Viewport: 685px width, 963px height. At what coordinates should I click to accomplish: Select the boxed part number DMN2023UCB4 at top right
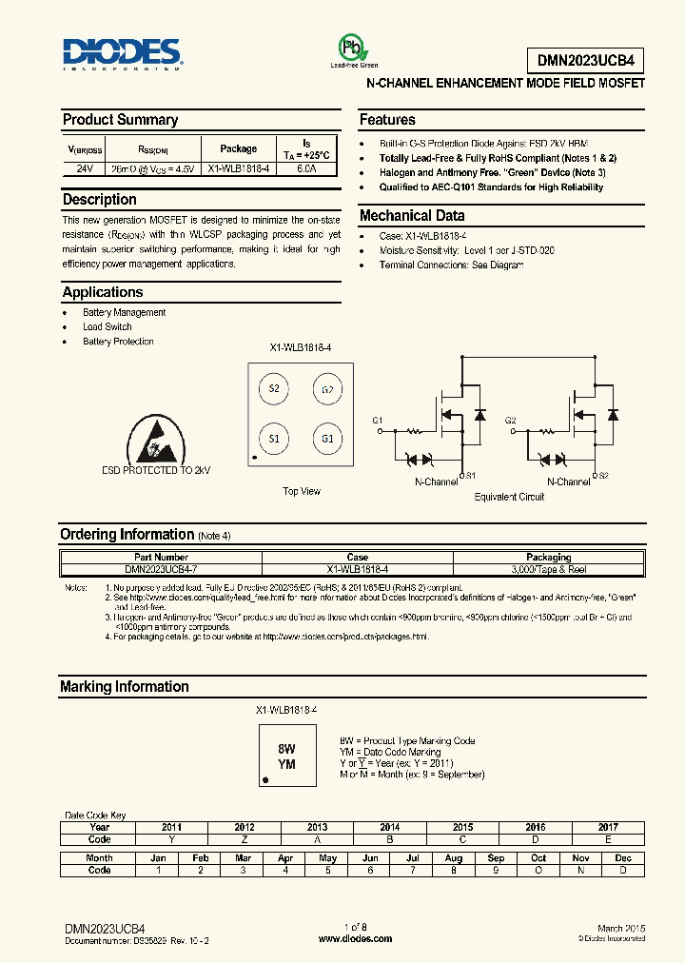[585, 60]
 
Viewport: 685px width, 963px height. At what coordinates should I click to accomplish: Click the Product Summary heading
[120, 120]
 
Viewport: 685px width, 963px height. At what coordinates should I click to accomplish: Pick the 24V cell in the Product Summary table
[84, 168]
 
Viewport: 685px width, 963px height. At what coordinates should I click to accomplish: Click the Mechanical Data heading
[412, 215]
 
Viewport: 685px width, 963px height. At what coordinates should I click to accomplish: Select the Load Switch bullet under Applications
[107, 326]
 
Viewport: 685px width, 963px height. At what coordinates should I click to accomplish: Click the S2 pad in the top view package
[274, 388]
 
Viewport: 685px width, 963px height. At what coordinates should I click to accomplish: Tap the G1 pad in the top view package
[327, 439]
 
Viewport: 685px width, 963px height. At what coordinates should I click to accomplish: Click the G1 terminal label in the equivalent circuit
[378, 420]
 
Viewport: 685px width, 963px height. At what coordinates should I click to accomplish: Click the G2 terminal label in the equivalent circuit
[511, 420]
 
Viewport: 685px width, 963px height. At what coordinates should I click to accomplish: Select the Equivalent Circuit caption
[510, 497]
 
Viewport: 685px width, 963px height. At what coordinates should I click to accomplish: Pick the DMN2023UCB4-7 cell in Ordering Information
[158, 568]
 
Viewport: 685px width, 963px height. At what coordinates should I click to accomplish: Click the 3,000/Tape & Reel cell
[548, 568]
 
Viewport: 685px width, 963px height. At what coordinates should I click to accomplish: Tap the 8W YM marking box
[286, 757]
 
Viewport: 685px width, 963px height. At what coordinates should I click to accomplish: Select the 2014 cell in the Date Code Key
[389, 828]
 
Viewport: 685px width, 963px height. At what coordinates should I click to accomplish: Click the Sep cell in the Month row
[496, 858]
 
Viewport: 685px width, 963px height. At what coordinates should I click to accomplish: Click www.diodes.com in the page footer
[355, 938]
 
